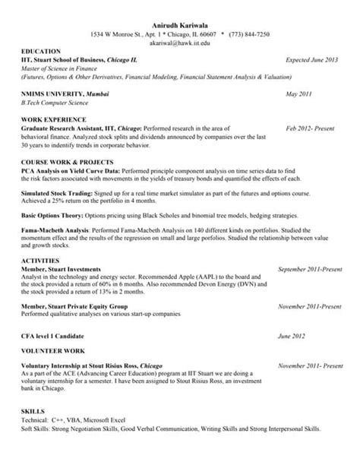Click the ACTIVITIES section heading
42,260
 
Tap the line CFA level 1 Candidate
59,334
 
